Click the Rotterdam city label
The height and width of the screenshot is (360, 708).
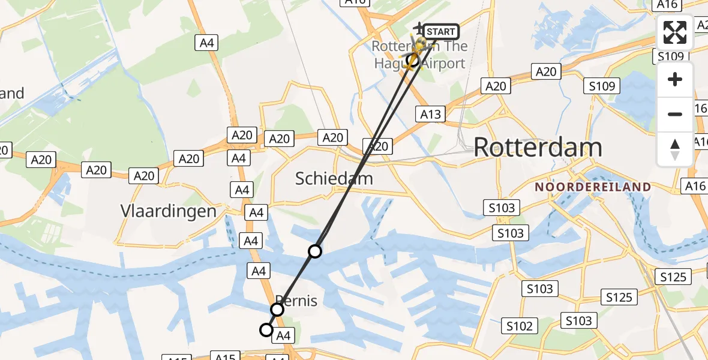tap(538, 148)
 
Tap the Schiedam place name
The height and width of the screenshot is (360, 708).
tap(334, 178)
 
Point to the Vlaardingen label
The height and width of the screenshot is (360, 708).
tap(168, 211)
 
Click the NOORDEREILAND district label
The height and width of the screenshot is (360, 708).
tap(593, 187)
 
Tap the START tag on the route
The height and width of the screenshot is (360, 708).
tap(442, 32)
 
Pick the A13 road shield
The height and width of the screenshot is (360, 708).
tap(431, 115)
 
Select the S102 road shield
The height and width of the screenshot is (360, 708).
tap(519, 326)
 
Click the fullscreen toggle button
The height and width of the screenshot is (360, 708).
tap(675, 32)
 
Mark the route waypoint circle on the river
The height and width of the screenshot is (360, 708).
tap(315, 251)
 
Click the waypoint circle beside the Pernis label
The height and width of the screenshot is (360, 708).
tap(277, 310)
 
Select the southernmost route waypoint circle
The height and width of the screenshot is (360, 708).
tap(266, 329)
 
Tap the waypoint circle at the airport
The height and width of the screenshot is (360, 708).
tap(412, 59)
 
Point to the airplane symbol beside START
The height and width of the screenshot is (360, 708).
tap(418, 28)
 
